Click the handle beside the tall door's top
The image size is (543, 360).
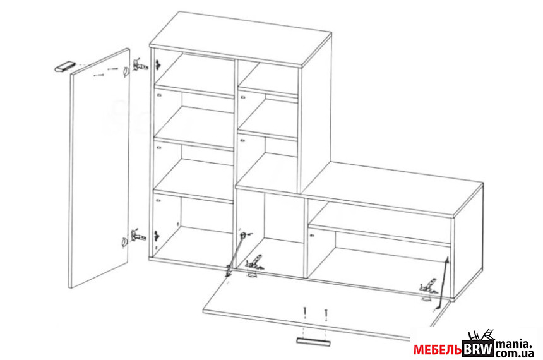tap(65, 66)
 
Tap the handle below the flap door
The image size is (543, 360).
tap(313, 342)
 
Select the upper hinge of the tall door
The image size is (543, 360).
tap(140, 65)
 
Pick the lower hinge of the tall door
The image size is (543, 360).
tap(138, 236)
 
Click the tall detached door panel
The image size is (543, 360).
tap(100, 168)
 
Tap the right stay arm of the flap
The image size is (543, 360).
tap(443, 282)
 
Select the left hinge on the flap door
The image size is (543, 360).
tap(254, 263)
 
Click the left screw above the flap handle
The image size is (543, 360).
tap(304, 312)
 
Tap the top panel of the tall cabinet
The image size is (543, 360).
tap(241, 39)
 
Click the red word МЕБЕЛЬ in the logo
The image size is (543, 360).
tap(438, 350)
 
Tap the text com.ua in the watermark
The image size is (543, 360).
tap(513, 354)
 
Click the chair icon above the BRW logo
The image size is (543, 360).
tap(481, 336)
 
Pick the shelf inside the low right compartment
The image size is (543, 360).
tap(379, 232)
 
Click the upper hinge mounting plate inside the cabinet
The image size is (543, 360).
tap(158, 64)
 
